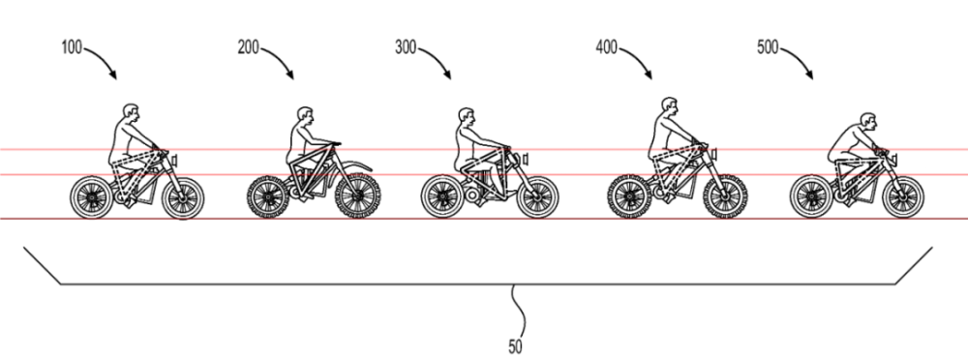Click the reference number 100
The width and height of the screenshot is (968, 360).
coord(72,47)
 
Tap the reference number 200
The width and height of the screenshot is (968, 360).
coord(248,47)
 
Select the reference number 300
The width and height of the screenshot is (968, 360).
coord(406,47)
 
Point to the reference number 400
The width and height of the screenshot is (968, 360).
coord(607,47)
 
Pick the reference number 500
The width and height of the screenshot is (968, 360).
coord(768,47)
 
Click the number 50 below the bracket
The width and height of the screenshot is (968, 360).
coord(516,347)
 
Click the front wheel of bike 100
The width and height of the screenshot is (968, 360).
coord(183,197)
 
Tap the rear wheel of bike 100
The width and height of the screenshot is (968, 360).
coord(92,197)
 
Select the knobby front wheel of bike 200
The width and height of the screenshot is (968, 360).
coord(357,196)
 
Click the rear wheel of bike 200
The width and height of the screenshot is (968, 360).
coord(268,197)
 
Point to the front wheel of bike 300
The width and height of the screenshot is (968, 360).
coord(537,197)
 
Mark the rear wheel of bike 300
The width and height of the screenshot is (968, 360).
coord(442,197)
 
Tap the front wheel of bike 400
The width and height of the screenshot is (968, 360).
coord(725,197)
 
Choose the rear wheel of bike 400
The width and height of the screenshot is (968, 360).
coord(629,197)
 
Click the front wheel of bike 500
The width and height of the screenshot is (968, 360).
coord(903,197)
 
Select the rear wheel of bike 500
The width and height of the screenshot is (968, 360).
coord(811,197)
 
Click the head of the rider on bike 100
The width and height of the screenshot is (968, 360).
coord(131,113)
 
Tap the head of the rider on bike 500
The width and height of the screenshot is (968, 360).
coord(868,121)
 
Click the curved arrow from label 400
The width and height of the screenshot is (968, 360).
coord(639,59)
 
